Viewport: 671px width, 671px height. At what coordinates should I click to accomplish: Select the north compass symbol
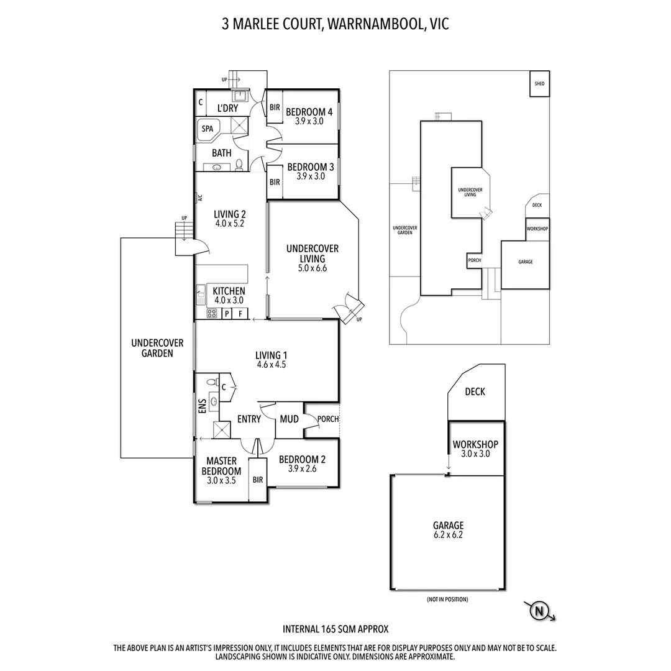point(539,611)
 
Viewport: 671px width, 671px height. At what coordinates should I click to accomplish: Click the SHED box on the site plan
point(539,83)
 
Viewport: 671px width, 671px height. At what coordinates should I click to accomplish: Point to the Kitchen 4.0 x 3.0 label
point(229,295)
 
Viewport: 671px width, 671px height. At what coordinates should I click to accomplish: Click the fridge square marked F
point(240,314)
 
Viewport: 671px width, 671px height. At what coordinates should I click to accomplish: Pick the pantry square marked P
point(227,314)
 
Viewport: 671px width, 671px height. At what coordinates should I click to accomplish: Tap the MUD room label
point(289,419)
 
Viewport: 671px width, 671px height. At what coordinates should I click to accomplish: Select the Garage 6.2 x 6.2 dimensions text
point(449,534)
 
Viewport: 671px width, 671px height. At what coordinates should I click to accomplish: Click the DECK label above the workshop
point(475,392)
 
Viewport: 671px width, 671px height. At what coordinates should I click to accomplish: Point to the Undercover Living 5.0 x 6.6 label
point(313,258)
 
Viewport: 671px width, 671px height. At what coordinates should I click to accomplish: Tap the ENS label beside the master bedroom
point(202,407)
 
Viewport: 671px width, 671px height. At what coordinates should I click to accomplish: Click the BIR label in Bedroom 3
point(274,182)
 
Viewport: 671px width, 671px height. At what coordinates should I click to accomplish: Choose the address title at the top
point(335,24)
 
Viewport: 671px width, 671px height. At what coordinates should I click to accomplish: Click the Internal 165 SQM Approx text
point(335,629)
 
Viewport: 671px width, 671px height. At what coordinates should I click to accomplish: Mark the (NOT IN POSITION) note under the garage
point(447,600)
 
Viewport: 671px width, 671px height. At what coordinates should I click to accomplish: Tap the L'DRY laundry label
point(227,108)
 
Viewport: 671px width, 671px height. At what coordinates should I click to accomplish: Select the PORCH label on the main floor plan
point(327,419)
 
